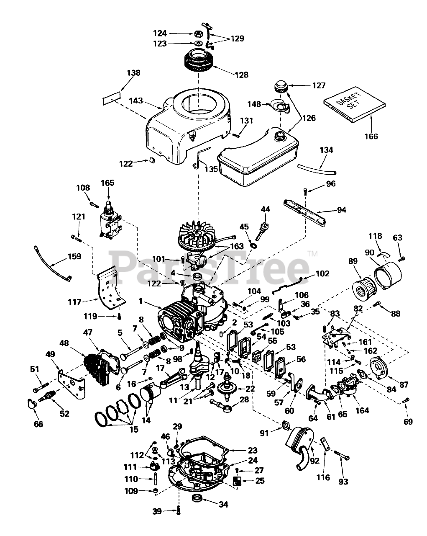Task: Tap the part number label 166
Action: (x=371, y=137)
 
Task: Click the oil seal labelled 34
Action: (x=197, y=498)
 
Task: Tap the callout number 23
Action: (x=252, y=451)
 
